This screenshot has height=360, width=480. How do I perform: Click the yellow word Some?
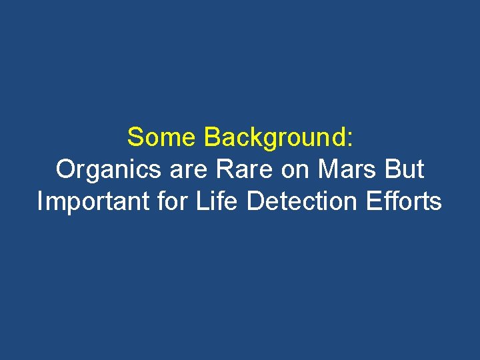pyautogui.click(x=163, y=137)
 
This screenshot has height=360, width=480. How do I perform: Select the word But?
pyautogui.click(x=405, y=170)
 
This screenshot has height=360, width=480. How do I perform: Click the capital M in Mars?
pyautogui.click(x=327, y=170)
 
